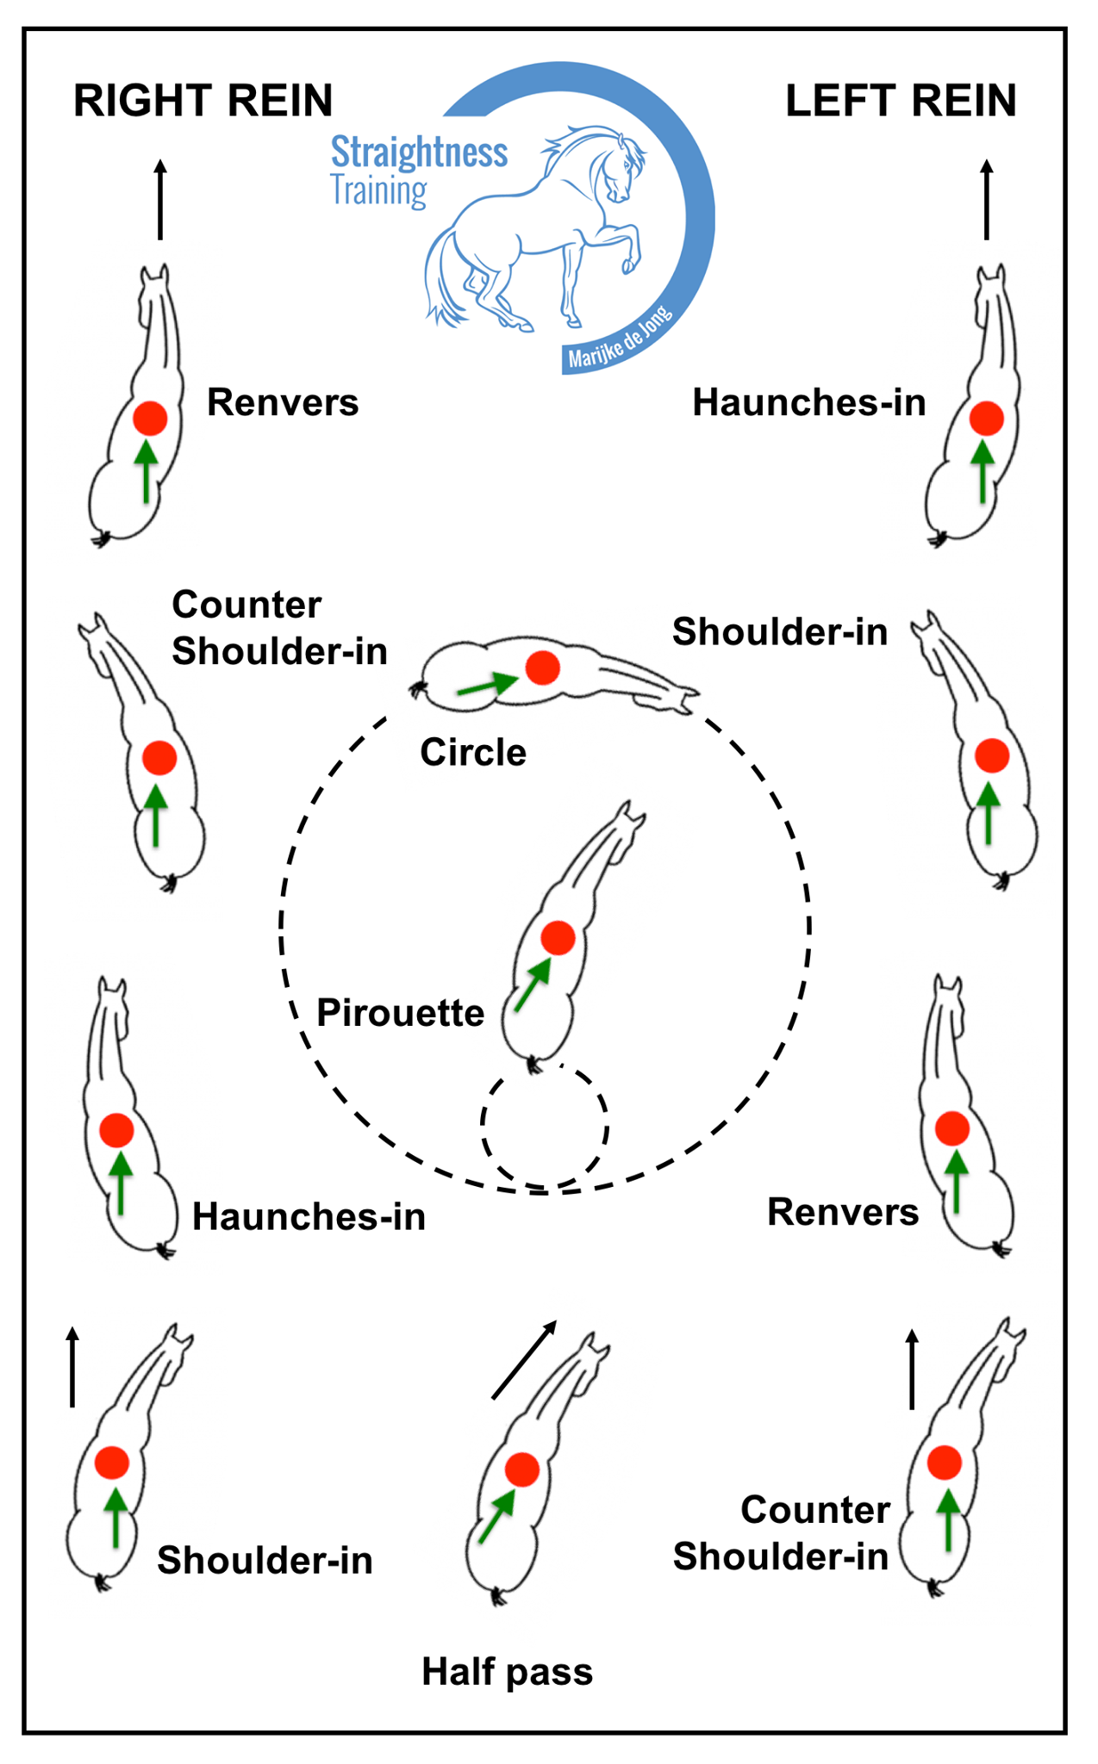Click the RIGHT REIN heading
203,101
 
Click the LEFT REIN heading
901,101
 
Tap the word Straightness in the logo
419,152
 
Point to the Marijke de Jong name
620,337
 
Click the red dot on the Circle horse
543,668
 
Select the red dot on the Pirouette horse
558,938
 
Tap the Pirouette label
400,1013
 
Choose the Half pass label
507,1672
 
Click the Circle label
473,753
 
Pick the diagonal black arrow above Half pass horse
524,1360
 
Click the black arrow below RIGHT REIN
159,199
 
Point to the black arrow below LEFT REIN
987,199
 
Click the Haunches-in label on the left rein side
809,403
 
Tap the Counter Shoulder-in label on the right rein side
279,628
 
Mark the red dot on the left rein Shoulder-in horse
992,756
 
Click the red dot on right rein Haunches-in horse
116,1130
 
